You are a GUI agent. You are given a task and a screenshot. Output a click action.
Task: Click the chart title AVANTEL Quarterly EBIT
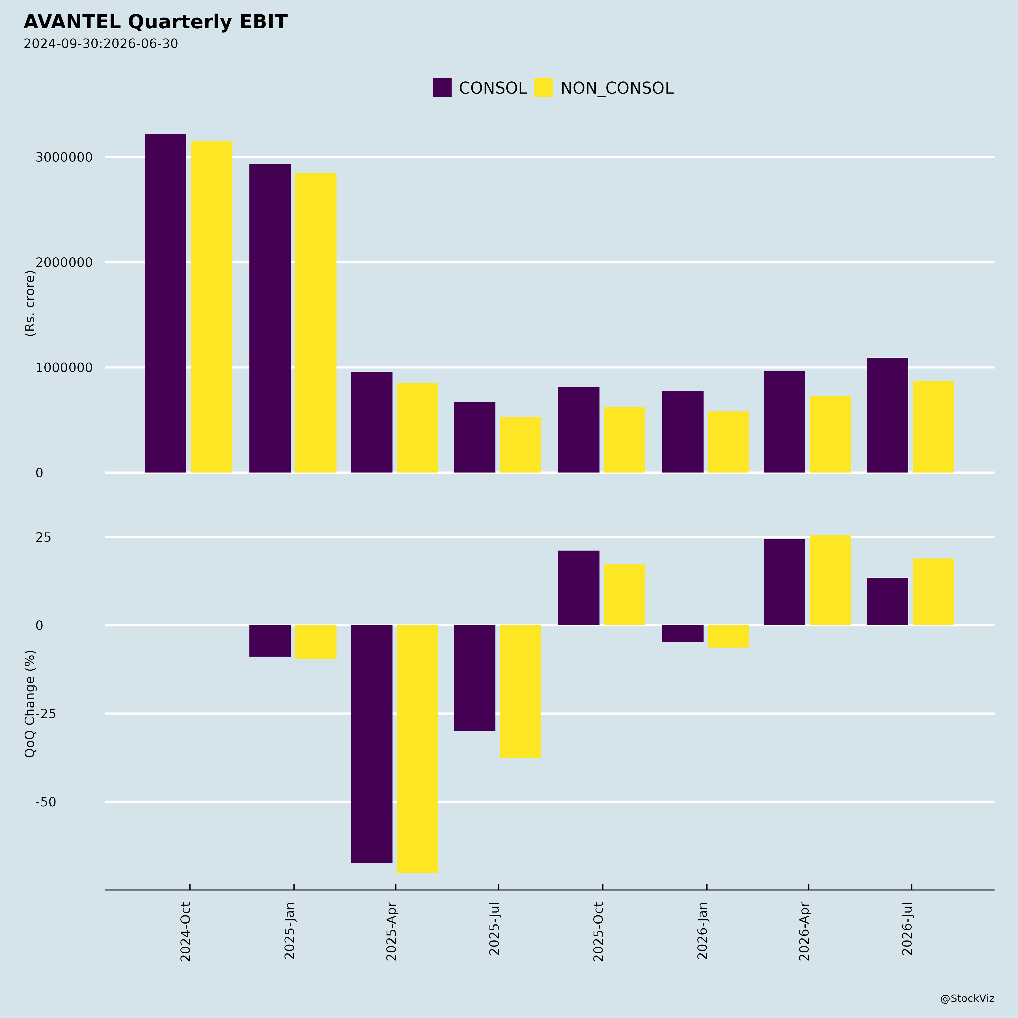click(x=156, y=22)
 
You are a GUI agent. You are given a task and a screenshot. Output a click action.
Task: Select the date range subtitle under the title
click(x=101, y=44)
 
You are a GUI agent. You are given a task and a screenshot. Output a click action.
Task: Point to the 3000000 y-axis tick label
click(x=64, y=157)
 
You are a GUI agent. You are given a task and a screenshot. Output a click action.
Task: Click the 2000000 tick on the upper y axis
click(x=64, y=262)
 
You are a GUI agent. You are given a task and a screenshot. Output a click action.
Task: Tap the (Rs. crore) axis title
click(x=30, y=303)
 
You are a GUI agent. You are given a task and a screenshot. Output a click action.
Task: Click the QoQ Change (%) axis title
click(x=30, y=704)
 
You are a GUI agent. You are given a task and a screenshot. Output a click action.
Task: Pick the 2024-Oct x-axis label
click(x=186, y=931)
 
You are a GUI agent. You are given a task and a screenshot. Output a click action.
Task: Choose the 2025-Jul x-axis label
click(x=494, y=928)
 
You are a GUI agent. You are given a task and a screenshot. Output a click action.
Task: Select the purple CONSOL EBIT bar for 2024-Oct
click(x=166, y=303)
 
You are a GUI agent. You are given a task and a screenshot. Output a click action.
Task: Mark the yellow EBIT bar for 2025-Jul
click(x=521, y=445)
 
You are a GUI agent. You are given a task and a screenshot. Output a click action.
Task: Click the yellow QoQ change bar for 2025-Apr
click(x=418, y=749)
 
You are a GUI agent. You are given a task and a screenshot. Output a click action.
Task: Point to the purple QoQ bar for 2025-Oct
click(x=579, y=588)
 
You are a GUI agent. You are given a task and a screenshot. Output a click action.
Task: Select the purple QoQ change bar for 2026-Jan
click(x=683, y=633)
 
